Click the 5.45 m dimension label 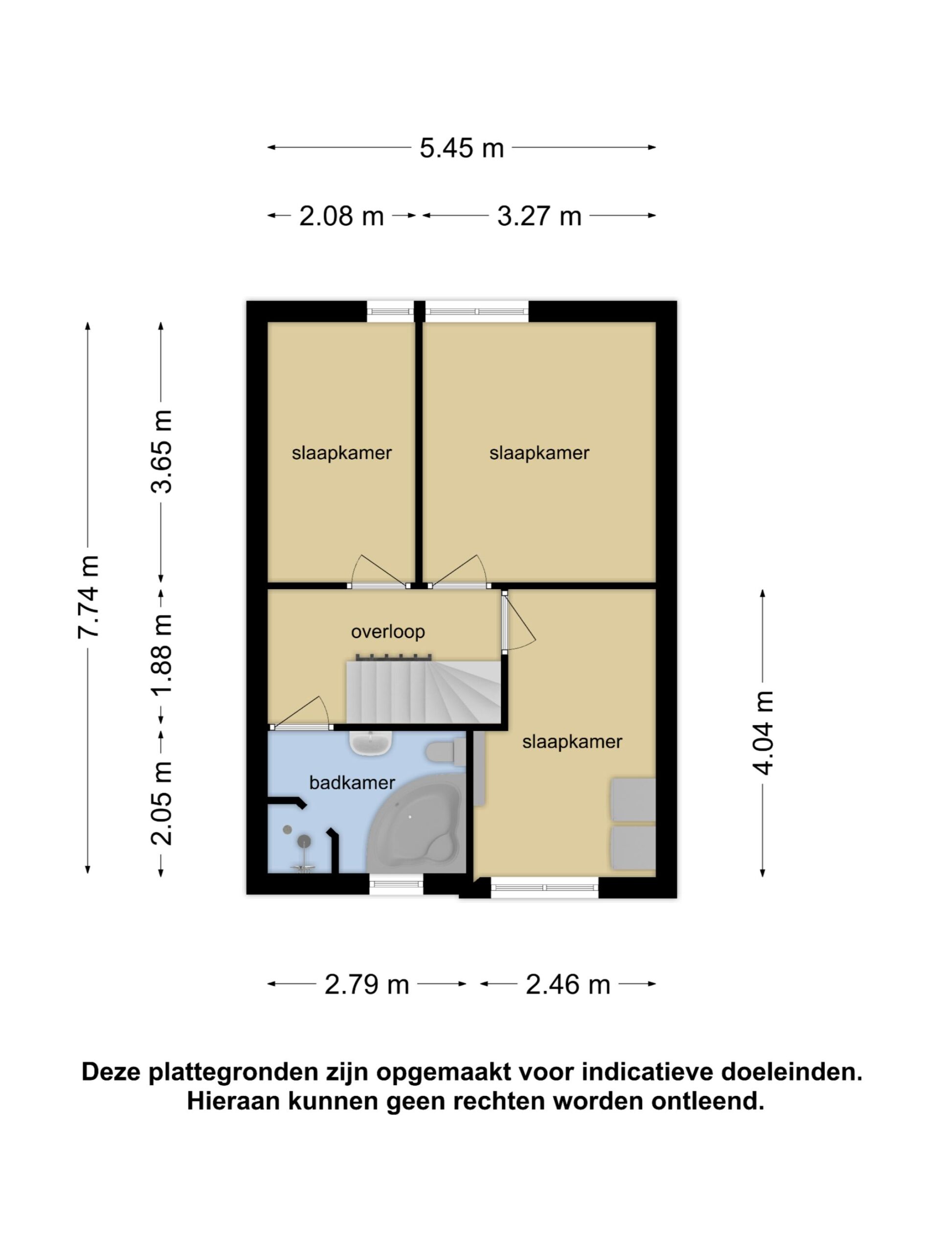461,148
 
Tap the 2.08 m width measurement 341,216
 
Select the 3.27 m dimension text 539,216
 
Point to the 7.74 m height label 89,597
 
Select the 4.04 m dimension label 762,733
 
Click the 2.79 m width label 366,985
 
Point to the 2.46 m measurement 568,985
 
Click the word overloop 388,632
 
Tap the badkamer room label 352,783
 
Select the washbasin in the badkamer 371,742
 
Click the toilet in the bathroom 446,752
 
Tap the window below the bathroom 396,884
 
